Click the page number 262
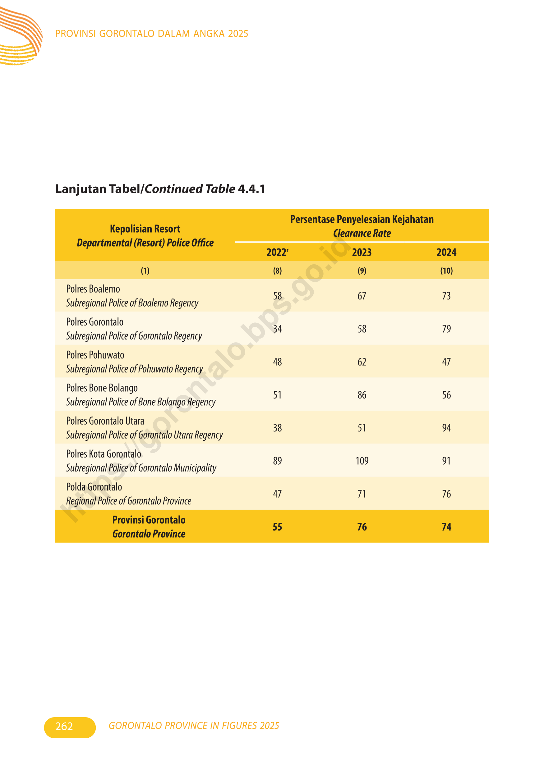64,726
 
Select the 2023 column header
362,252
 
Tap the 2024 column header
446,252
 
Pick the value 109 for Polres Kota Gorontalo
362,461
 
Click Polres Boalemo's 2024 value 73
446,296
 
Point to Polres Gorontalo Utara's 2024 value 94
446,428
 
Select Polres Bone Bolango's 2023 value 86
362,395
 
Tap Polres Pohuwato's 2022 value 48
277,362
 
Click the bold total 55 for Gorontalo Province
277,527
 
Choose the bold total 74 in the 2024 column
446,527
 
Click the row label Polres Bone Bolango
102,388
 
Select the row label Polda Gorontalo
94,487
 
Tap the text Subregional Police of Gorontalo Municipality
141,468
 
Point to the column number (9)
362,271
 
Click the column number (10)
446,271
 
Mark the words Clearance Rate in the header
362,233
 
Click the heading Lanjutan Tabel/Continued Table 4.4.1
160,189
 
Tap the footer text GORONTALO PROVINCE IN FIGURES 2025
194,726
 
